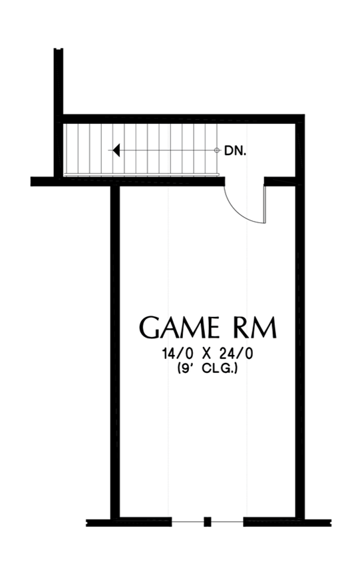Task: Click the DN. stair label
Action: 235,150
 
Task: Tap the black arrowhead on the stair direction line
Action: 116,150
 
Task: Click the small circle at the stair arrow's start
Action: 216,150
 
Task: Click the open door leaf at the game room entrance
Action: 265,204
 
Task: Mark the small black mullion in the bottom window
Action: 207,521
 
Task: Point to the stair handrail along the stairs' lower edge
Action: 141,174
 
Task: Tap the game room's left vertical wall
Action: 115,352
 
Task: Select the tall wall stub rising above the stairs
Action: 58,113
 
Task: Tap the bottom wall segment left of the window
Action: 129,522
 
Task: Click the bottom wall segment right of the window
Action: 287,522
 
